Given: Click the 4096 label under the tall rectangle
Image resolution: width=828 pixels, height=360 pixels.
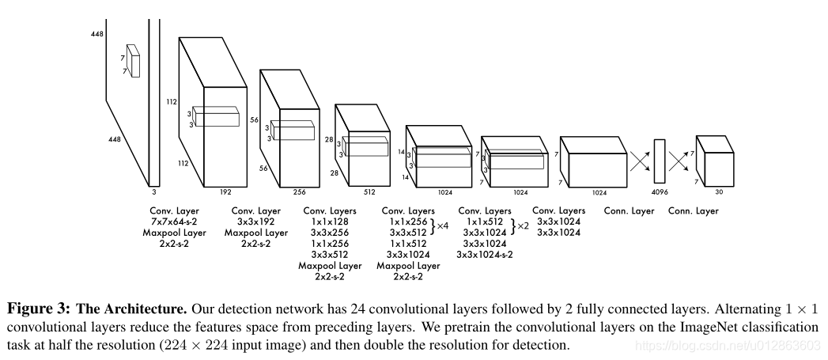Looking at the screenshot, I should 659,191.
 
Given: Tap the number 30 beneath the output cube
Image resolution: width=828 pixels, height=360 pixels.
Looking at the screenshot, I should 717,191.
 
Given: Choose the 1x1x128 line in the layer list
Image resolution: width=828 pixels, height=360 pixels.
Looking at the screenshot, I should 330,222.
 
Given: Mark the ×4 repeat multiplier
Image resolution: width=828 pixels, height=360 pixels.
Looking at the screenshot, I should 442,227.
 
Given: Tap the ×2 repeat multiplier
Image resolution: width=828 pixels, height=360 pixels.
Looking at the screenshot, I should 522,227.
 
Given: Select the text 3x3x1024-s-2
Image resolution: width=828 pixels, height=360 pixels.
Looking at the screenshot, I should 484,255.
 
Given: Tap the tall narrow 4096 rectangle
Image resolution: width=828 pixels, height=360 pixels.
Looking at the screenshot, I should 660,161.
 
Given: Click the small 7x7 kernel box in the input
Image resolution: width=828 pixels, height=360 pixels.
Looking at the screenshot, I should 133,61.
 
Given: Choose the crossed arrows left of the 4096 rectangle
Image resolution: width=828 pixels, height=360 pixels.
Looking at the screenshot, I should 640,162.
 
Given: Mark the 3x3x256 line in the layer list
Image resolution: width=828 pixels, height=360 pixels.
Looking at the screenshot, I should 330,233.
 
